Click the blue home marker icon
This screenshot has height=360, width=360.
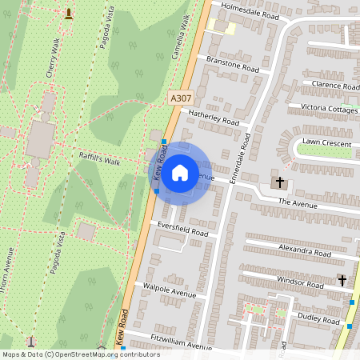180,172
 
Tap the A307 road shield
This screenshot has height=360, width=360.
182,98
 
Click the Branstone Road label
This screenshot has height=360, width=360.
233,64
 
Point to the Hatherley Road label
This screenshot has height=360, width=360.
214,118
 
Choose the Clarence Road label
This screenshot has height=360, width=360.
335,85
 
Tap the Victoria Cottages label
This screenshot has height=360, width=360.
330,108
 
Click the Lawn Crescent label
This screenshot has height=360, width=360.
325,143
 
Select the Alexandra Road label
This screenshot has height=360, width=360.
305,251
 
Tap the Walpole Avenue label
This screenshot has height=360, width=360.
169,294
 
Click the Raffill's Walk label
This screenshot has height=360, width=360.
98,161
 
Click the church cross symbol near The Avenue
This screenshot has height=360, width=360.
280,182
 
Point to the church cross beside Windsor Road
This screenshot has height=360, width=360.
342,280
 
